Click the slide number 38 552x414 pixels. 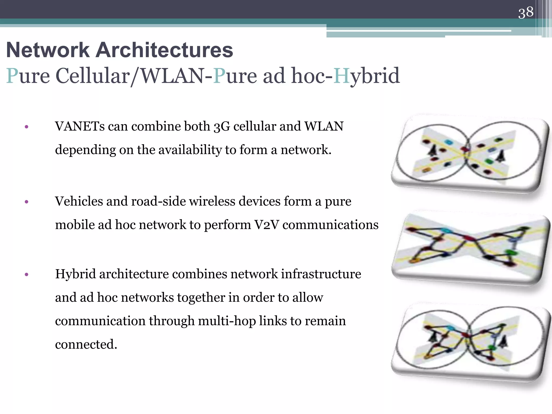pyautogui.click(x=526, y=12)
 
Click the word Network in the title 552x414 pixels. pyautogui.click(x=48, y=50)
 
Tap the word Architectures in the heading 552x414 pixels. pyautogui.click(x=164, y=50)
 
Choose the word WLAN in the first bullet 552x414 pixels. pyautogui.click(x=324, y=126)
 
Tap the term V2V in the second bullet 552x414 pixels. pyautogui.click(x=267, y=225)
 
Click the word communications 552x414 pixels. pyautogui.click(x=330, y=225)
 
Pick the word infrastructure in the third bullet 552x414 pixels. pyautogui.click(x=321, y=274)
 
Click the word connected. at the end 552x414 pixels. pyautogui.click(x=86, y=344)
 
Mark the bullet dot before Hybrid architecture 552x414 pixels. pyautogui.click(x=26, y=275)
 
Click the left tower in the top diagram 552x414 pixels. pyautogui.click(x=432, y=150)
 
